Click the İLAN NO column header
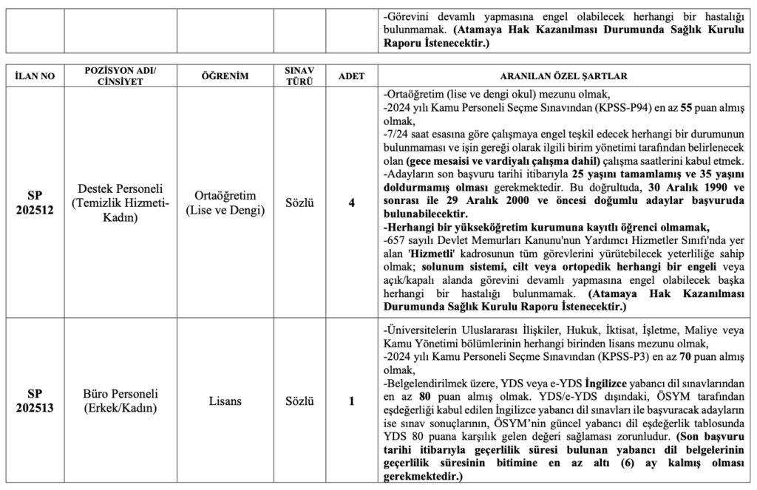[35, 75]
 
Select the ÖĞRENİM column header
[223, 75]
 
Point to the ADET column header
[351, 75]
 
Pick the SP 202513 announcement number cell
[35, 401]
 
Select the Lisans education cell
[223, 401]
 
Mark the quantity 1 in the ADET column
[351, 401]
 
